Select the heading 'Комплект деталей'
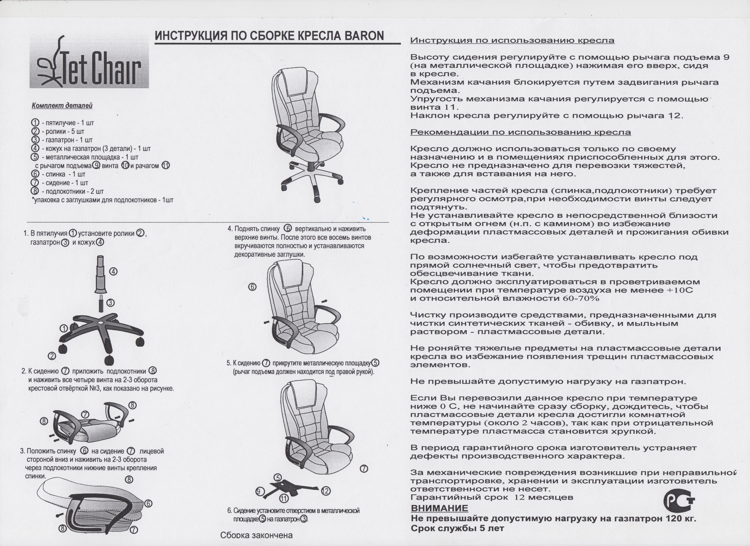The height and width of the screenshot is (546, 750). [x=62, y=106]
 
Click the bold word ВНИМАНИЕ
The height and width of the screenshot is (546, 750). [x=439, y=508]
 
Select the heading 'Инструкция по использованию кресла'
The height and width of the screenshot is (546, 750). [x=512, y=41]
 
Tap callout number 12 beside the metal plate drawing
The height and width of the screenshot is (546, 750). [x=326, y=491]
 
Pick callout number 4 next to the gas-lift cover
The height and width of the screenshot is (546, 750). [x=113, y=272]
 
